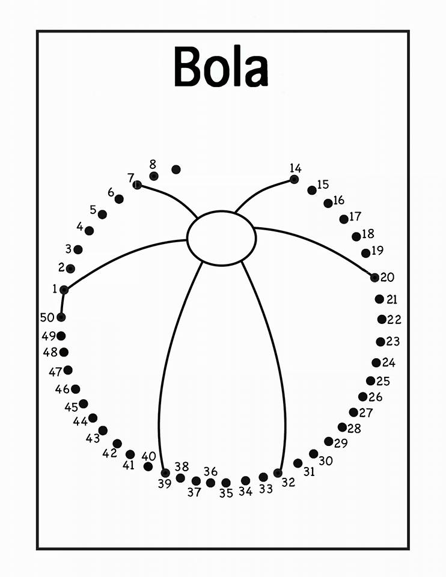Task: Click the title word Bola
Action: click(x=221, y=66)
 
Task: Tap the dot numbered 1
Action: click(x=64, y=290)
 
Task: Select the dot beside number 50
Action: click(x=61, y=317)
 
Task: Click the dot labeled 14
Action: click(x=294, y=179)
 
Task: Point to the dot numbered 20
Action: click(x=374, y=278)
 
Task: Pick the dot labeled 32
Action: click(x=278, y=473)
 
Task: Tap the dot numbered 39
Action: click(x=165, y=473)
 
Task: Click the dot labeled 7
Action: click(x=137, y=185)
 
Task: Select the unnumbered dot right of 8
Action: click(x=176, y=169)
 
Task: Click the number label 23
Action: click(x=393, y=341)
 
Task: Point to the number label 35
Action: click(x=227, y=493)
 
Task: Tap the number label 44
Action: click(x=80, y=421)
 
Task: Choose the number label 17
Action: click(x=355, y=216)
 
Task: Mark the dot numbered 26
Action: click(x=363, y=397)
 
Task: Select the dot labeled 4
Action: click(x=89, y=231)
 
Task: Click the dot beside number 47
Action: click(x=68, y=370)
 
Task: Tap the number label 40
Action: click(x=148, y=456)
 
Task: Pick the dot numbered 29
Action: click(x=329, y=441)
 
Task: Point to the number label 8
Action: click(x=153, y=164)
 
